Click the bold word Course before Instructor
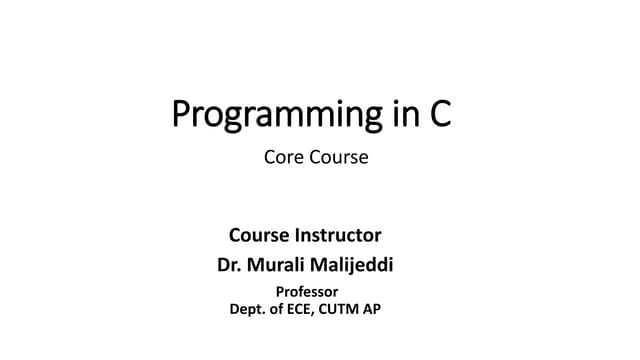tap(260, 236)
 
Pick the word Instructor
tap(339, 236)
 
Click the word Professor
tap(306, 292)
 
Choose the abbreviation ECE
tap(311, 309)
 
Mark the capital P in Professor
tap(279, 292)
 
